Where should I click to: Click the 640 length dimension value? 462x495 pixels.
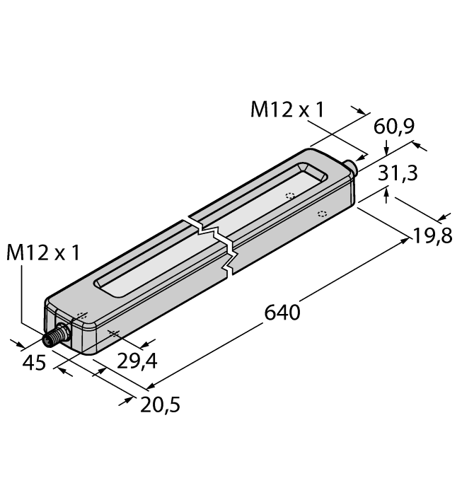(x=282, y=312)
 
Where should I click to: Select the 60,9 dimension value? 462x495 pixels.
(x=393, y=127)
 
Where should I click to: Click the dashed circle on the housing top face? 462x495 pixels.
(x=289, y=197)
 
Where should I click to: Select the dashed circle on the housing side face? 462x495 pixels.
(x=322, y=213)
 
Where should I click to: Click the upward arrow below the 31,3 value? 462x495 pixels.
(x=387, y=192)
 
